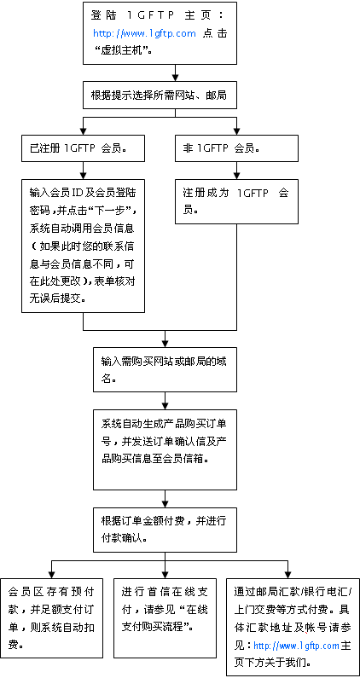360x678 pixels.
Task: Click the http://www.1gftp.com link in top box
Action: tap(144, 33)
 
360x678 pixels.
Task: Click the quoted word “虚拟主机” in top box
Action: tap(125, 50)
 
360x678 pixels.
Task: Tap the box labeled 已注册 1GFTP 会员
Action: tap(83, 148)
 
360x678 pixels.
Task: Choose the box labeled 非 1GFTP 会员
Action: tap(236, 148)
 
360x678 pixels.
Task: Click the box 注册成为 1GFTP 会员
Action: tap(236, 200)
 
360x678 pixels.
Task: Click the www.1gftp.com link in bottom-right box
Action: tap(296, 646)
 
